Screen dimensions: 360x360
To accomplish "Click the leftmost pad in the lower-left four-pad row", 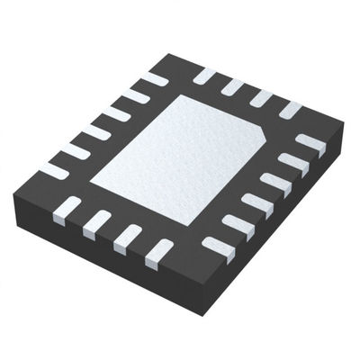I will [67, 210].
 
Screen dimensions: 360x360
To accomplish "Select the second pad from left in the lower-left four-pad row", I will [96, 223].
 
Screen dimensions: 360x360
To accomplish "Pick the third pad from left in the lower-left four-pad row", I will [127, 237].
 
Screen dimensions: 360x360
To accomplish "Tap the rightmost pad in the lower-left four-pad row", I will [158, 251].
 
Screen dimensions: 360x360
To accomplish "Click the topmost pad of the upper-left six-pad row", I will [154, 80].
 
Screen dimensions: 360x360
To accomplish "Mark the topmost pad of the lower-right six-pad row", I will [310, 143].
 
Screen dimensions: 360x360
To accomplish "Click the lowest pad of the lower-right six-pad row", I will [216, 248].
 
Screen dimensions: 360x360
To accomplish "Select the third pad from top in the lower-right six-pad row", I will [274, 184].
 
